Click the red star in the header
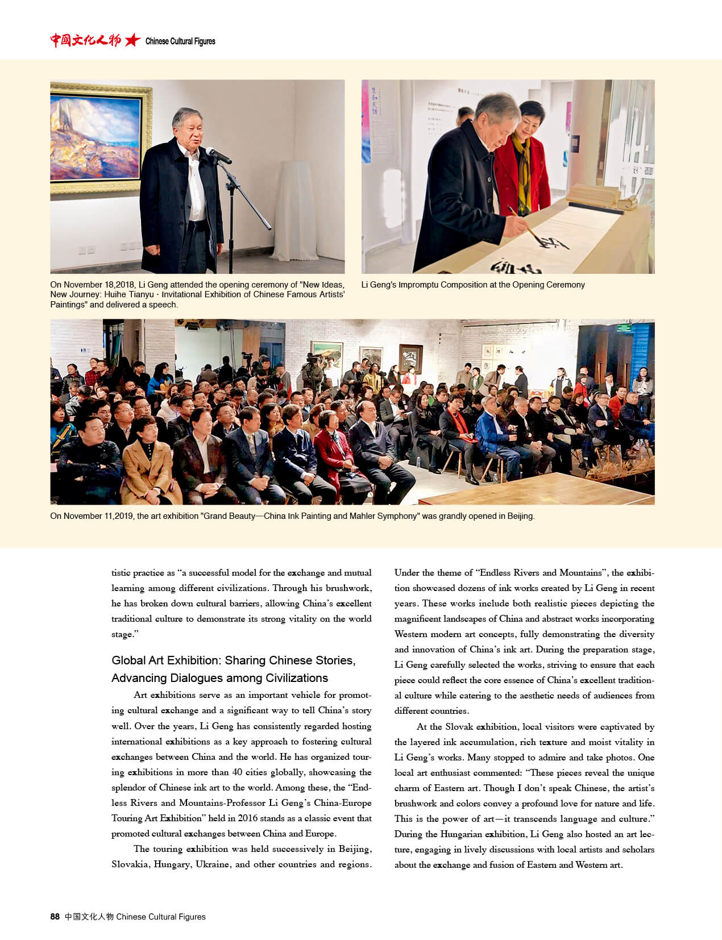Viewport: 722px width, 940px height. (x=132, y=40)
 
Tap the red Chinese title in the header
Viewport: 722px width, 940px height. (x=85, y=40)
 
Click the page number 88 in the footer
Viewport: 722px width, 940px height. (x=55, y=916)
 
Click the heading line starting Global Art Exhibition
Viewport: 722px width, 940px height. (x=233, y=660)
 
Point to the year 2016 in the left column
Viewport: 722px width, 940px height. (x=248, y=818)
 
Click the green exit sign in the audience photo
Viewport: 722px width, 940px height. (x=625, y=328)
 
